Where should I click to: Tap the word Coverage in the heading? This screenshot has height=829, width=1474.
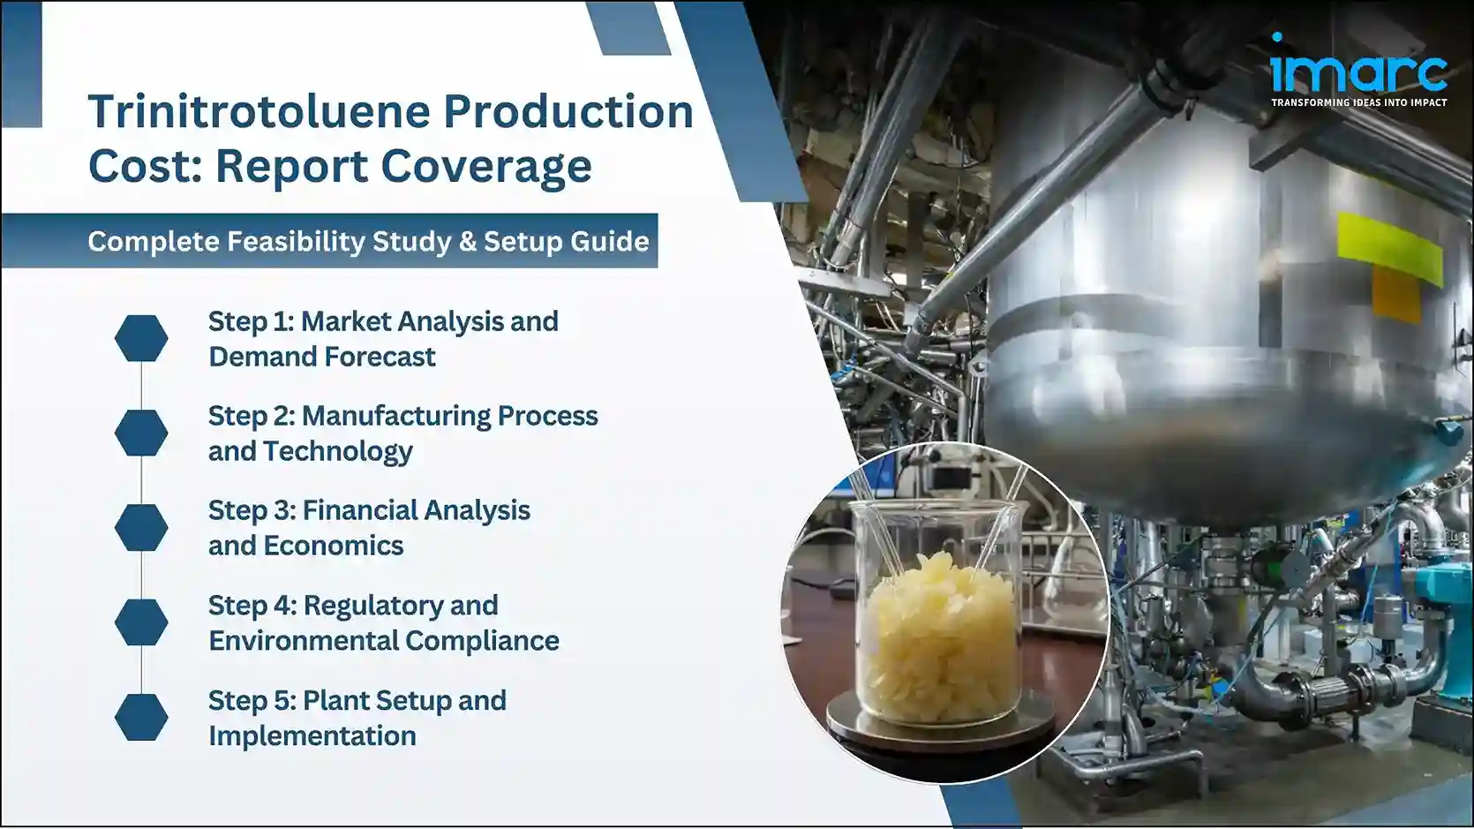tap(493, 166)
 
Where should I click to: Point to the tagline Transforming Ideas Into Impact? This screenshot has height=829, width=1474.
tap(1358, 102)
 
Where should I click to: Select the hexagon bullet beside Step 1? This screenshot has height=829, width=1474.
tap(141, 338)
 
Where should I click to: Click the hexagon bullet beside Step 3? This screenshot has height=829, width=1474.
tap(141, 528)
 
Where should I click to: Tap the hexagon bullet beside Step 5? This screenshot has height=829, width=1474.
tap(141, 717)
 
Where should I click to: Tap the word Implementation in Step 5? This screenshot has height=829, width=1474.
tap(312, 736)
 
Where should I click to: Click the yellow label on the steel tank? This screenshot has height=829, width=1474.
tap(1388, 246)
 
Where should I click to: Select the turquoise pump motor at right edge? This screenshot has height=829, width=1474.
tap(1443, 609)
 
